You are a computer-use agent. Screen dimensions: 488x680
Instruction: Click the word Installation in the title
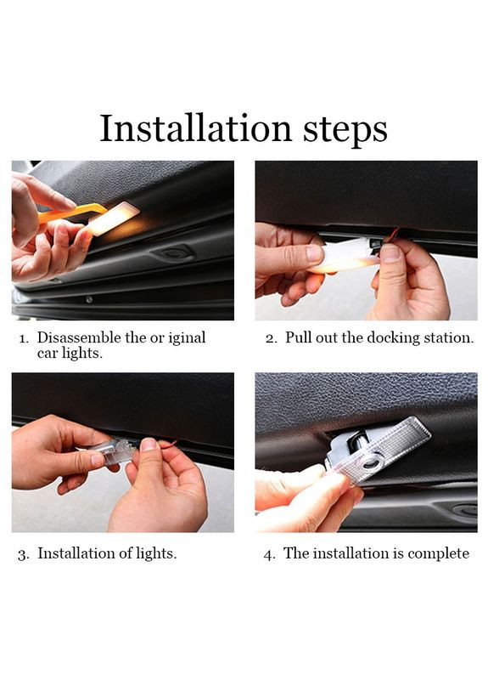tap(196, 128)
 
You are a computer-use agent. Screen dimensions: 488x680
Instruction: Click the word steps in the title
tap(345, 132)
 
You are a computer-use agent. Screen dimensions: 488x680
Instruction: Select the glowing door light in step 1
tap(114, 218)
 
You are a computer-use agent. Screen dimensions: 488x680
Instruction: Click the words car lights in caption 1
tap(70, 353)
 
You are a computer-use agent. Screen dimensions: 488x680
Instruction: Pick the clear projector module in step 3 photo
tap(115, 451)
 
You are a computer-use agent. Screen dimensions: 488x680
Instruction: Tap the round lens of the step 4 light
tap(373, 462)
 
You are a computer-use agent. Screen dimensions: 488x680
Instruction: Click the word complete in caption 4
tap(438, 554)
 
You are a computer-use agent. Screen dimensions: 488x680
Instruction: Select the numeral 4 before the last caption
tap(268, 555)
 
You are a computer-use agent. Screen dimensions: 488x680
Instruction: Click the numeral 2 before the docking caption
tap(271, 338)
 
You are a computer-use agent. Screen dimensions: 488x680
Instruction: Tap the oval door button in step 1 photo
tap(173, 253)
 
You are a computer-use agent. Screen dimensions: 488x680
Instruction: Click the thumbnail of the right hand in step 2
tap(390, 252)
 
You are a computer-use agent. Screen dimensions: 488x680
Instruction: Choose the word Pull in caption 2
tap(299, 337)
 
